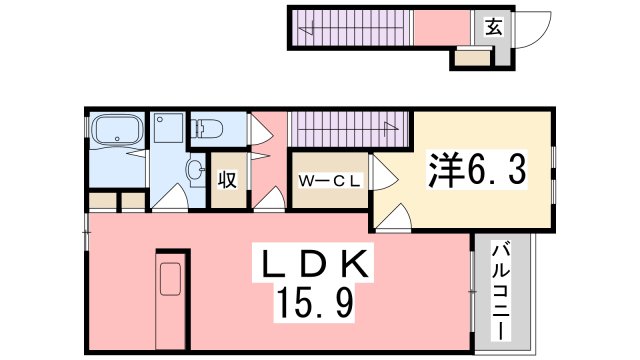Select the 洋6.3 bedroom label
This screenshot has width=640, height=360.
(x=477, y=170)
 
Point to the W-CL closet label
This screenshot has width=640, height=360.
(x=330, y=181)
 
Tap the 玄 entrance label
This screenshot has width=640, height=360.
(x=494, y=27)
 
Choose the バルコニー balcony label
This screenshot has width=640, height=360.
(x=501, y=292)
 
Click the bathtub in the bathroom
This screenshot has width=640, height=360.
(x=117, y=129)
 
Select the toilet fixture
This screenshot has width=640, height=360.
(x=207, y=129)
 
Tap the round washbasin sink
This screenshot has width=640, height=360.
(x=195, y=169)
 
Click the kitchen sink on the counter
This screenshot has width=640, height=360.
(x=170, y=279)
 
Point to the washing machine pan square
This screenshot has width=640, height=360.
(x=168, y=128)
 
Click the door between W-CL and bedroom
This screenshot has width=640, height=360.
(x=384, y=172)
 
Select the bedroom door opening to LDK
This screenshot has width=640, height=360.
(x=393, y=218)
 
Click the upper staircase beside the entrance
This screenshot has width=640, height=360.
(x=351, y=28)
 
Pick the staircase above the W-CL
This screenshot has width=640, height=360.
(x=349, y=129)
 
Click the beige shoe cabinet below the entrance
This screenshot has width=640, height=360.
(x=472, y=58)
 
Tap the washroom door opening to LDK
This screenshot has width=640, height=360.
(x=170, y=198)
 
